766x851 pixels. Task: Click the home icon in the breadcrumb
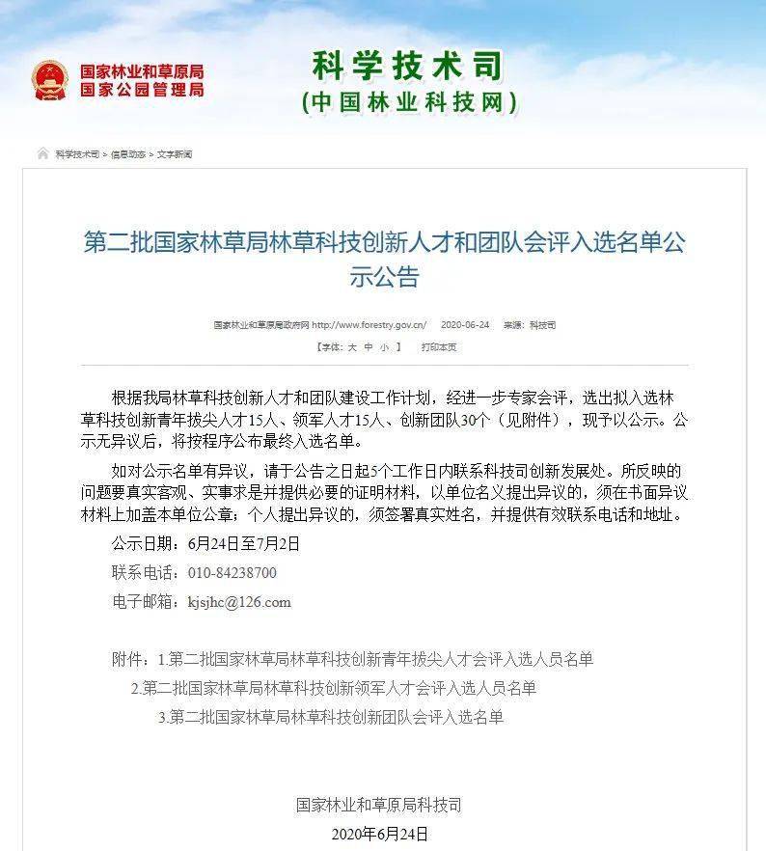pos(43,154)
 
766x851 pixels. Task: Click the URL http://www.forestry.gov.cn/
pos(369,325)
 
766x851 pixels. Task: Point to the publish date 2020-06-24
pos(465,325)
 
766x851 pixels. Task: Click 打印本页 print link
pos(439,347)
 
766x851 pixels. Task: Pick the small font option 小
pos(384,347)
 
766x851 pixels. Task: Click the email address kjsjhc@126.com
pos(238,602)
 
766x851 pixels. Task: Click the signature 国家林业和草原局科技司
pos(379,805)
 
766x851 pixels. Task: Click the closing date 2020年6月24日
pos(379,834)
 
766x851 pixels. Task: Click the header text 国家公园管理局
pos(142,90)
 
